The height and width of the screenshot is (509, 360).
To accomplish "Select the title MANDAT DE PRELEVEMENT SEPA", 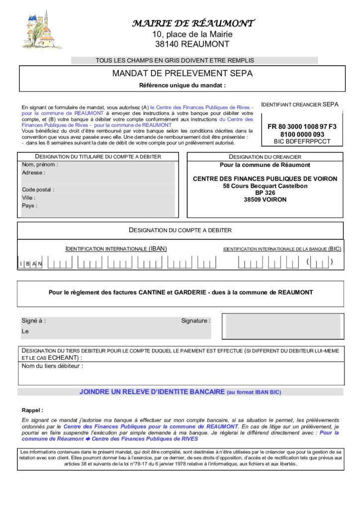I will pyautogui.click(x=182, y=74).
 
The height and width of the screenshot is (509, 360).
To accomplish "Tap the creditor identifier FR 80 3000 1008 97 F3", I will pyautogui.click(x=302, y=127).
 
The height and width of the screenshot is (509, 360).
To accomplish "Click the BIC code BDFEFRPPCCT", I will pyautogui.click(x=302, y=141).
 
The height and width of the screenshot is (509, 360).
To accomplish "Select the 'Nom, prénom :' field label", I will pyautogui.click(x=40, y=165).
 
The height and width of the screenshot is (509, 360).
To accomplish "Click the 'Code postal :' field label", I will pyautogui.click(x=38, y=189).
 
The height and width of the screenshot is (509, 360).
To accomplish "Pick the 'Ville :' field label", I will pyautogui.click(x=29, y=197).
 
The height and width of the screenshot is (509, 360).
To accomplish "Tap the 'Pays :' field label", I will pyautogui.click(x=29, y=205).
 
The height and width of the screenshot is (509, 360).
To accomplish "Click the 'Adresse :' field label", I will pyautogui.click(x=33, y=173).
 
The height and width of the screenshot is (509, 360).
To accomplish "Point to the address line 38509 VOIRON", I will pyautogui.click(x=265, y=200).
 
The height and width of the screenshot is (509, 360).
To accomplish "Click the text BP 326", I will pyautogui.click(x=265, y=193).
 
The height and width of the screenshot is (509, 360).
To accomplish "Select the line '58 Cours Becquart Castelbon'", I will pyautogui.click(x=265, y=186).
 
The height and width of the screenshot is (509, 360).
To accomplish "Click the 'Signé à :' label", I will pyautogui.click(x=33, y=321).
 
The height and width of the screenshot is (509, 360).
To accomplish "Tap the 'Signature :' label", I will pyautogui.click(x=195, y=321).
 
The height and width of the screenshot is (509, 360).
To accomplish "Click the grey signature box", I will pyautogui.click(x=281, y=326).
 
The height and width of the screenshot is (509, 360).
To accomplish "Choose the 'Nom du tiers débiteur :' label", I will pyautogui.click(x=52, y=366).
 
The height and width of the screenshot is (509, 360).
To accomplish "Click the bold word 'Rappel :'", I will pyautogui.click(x=32, y=410).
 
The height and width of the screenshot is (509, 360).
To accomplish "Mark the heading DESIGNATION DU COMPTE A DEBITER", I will pyautogui.click(x=180, y=230).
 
